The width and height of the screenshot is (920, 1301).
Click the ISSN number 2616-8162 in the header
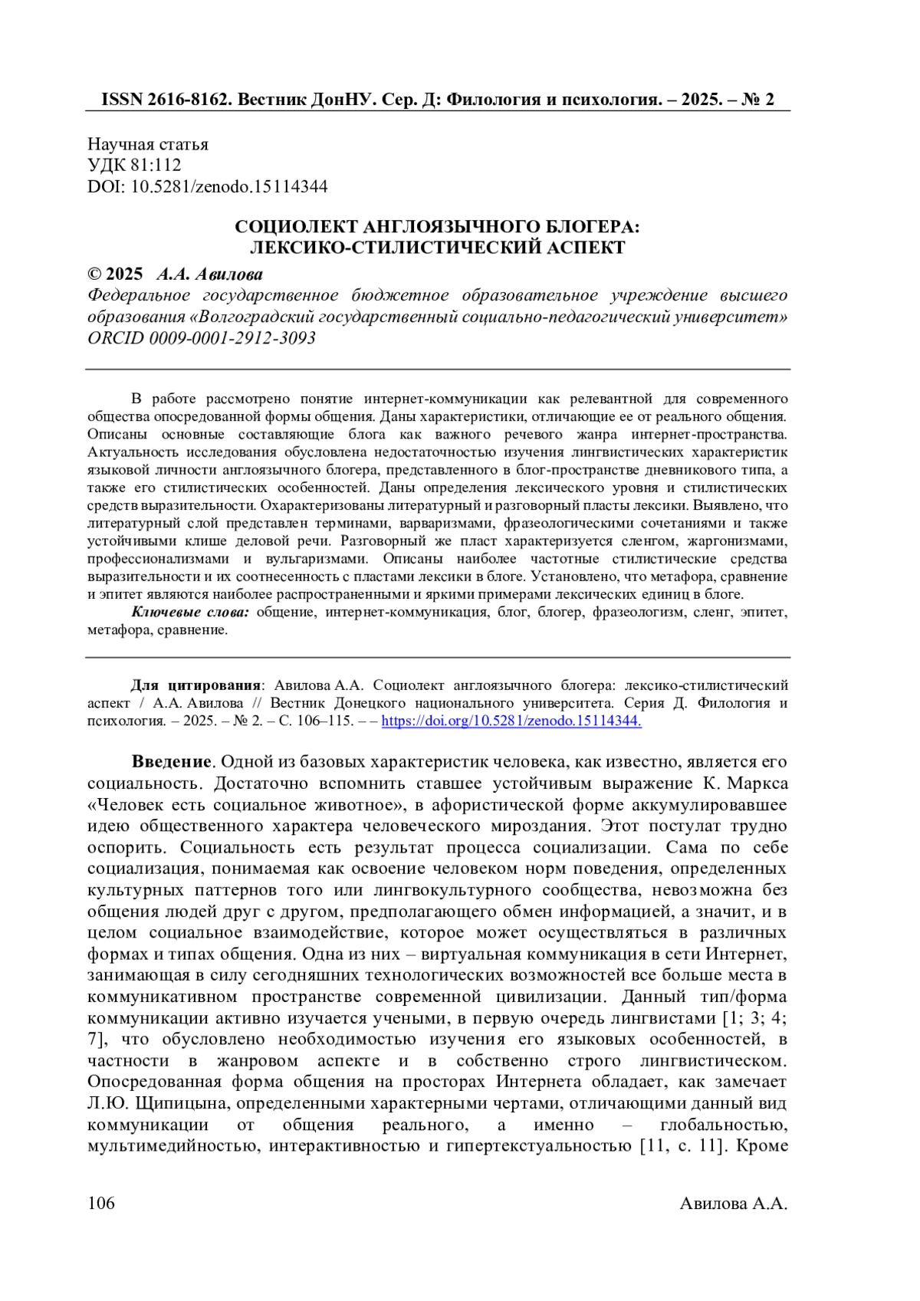pos(183,100)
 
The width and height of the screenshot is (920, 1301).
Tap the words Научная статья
pos(148,144)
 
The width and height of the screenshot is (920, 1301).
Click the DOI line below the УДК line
pos(207,186)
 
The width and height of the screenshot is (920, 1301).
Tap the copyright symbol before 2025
pos(94,274)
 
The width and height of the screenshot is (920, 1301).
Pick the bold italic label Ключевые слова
pos(190,612)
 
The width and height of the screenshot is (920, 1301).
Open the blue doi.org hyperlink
pos(511,721)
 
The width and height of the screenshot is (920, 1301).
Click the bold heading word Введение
pos(171,762)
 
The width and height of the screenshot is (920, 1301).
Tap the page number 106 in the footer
pos(101,1203)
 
